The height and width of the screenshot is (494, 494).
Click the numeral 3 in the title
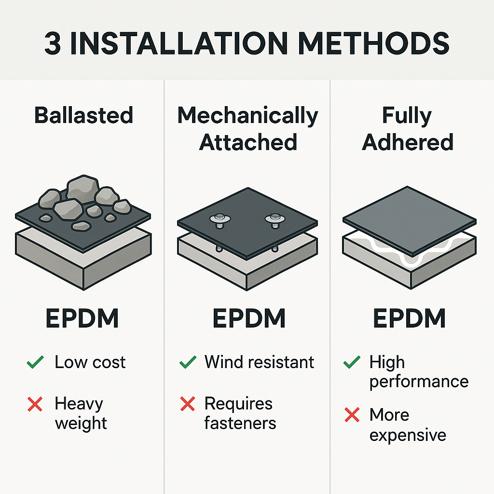tap(53, 43)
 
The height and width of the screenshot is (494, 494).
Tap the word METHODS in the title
tap(373, 43)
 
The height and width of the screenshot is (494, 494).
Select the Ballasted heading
tap(83, 115)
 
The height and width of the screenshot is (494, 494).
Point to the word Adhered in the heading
tap(407, 142)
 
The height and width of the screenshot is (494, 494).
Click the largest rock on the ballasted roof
tap(83, 189)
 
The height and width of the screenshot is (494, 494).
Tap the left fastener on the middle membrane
tap(220, 220)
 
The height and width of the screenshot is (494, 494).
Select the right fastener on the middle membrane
tap(275, 220)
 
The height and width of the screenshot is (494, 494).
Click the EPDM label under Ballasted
tap(82, 318)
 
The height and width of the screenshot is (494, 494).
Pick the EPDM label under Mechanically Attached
tap(249, 318)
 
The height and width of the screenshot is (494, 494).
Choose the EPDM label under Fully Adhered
tap(409, 318)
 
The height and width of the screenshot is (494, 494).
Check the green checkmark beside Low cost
tap(35, 362)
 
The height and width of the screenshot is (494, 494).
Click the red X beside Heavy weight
tap(35, 404)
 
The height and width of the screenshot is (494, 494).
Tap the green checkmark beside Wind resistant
tap(188, 362)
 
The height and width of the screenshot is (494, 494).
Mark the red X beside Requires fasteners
tap(188, 404)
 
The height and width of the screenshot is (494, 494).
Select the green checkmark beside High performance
tap(352, 362)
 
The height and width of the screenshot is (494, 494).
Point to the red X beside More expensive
tap(352, 414)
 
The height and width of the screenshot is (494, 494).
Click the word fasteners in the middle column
tap(240, 423)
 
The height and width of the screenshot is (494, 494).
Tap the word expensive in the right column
tap(408, 436)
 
